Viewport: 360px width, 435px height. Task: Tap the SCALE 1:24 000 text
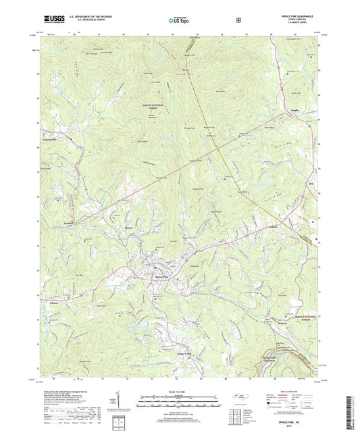[x=179, y=392]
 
